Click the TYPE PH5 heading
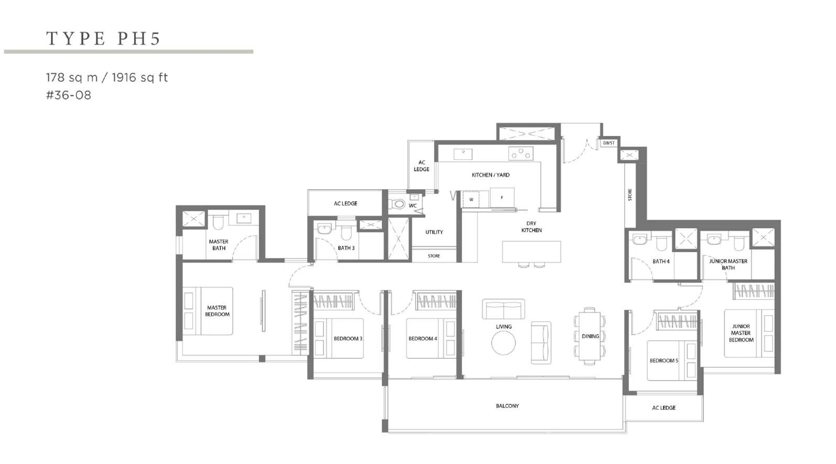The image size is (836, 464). pos(103,39)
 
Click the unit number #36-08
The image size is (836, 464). pos(69,95)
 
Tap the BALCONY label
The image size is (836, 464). pos(507,406)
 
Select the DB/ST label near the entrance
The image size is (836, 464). pos(609,143)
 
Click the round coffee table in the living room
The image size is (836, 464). pos(504,343)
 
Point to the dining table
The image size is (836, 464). pos(590,337)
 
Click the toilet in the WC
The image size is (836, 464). pos(397,204)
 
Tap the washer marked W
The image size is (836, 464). pos(471,199)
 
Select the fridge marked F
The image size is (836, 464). pos(502,198)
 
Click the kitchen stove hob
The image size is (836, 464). pos(520,154)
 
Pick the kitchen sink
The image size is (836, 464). pos(463,154)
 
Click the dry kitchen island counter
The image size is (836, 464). pos(531,252)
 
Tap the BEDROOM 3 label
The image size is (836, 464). pos(348,339)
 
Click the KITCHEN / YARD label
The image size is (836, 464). pos(491,175)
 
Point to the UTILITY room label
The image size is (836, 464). pos(434,232)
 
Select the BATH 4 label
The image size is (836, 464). pos(661,261)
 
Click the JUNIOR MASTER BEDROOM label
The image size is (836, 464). pos(741,333)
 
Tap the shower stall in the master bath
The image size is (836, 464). pos(194,219)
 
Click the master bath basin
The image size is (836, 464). pos(244,218)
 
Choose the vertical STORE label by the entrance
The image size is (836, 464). pos(630,195)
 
